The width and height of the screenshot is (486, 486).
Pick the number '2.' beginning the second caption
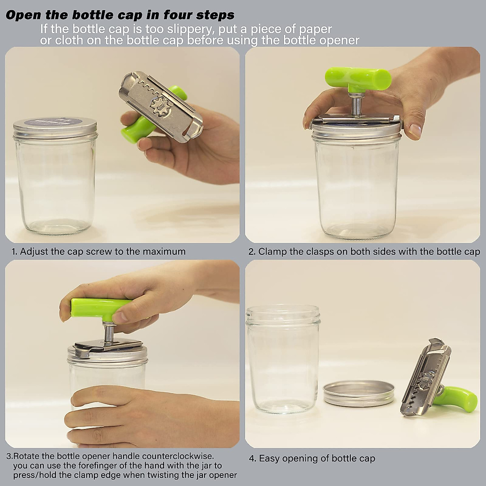(x=252, y=251)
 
